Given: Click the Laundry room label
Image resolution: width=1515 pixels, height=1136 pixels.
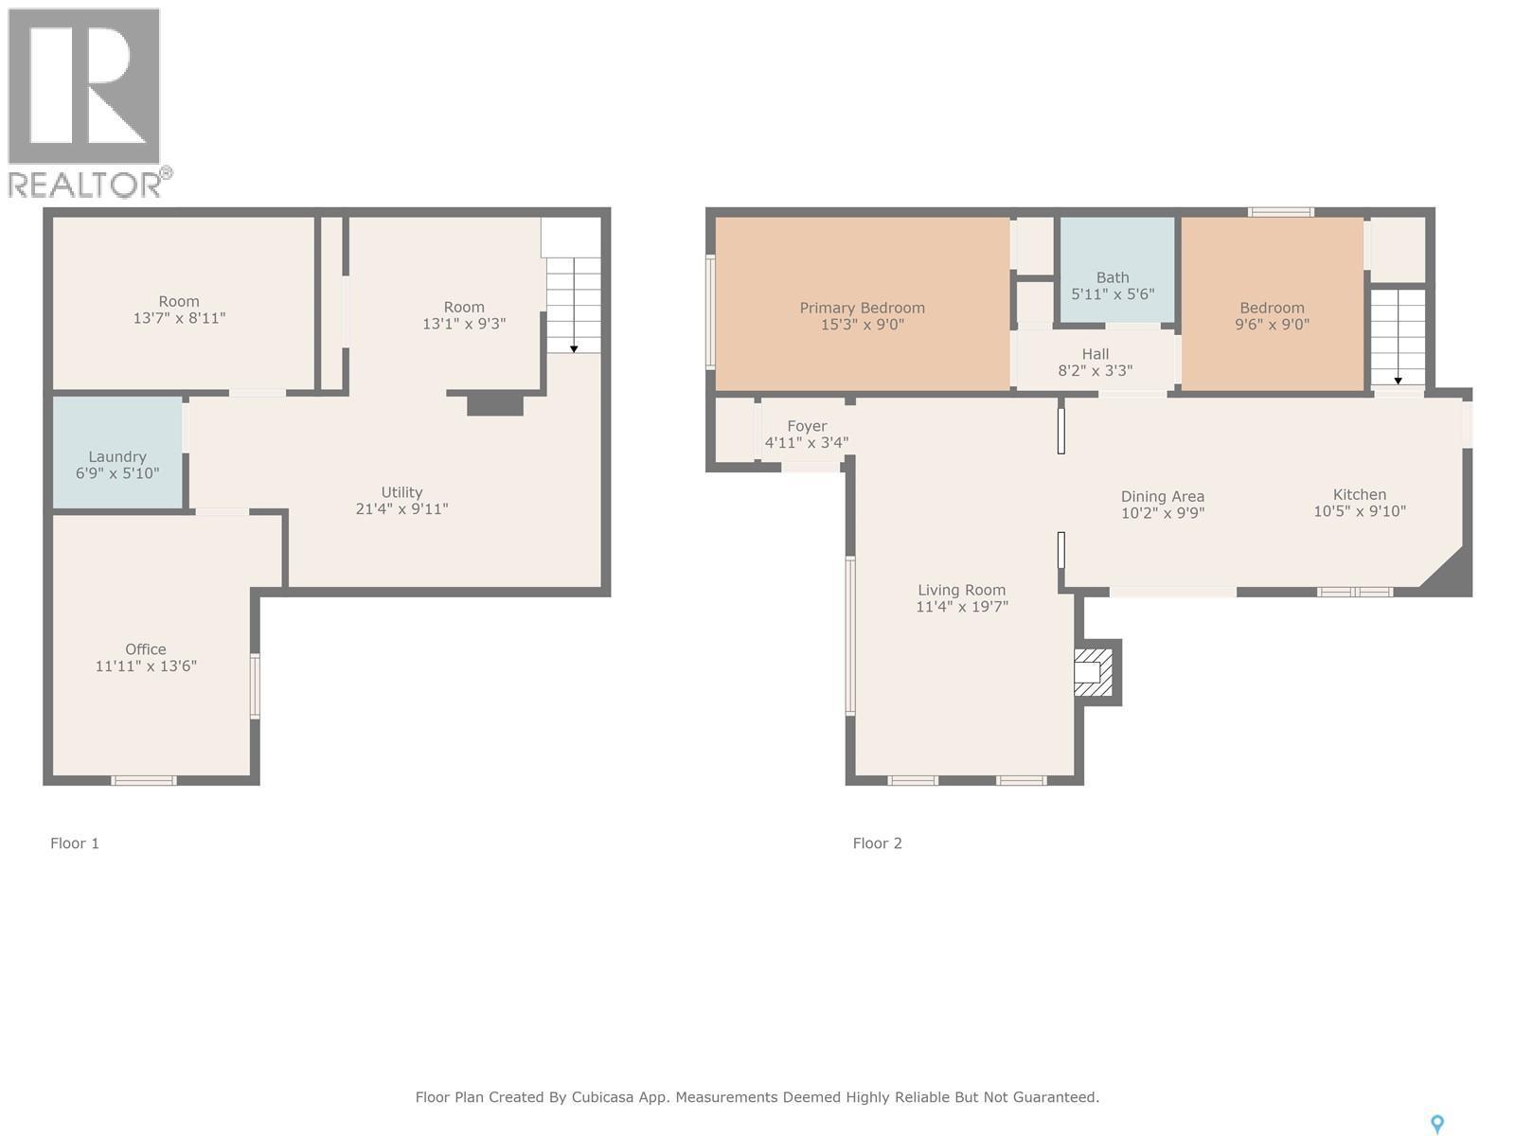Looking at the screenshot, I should coord(117,456).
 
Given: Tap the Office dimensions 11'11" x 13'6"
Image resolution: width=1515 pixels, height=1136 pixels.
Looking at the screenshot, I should coord(146,666).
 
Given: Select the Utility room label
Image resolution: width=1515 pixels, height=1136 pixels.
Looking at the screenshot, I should coord(401,492).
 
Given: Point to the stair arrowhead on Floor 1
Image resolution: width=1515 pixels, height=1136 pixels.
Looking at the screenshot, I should coord(574,349).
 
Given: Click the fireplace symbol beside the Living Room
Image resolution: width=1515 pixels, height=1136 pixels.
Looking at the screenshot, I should coord(1093,672).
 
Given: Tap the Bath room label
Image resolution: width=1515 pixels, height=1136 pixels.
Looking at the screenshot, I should coord(1113,277).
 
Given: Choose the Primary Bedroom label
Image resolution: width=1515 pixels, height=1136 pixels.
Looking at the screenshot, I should coord(862,308).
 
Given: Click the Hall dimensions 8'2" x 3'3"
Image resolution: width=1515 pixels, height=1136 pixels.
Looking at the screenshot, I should coord(1095,371).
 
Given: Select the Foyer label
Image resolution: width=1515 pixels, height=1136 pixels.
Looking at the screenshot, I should coord(807,426).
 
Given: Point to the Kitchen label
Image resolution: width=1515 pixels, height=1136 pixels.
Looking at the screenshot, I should coord(1359,494).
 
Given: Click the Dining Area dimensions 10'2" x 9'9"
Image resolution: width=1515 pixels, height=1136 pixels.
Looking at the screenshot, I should coord(1162,513).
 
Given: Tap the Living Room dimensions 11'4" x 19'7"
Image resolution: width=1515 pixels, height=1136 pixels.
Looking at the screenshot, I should coord(961,607).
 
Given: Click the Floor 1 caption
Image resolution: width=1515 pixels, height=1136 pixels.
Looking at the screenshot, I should coord(75,843).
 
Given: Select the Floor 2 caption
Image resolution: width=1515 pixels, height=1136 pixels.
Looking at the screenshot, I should coord(877,843).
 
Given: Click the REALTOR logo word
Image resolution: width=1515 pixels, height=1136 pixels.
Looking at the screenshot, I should coord(85,185).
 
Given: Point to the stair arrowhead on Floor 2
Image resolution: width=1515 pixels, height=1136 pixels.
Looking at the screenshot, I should coord(1398,382).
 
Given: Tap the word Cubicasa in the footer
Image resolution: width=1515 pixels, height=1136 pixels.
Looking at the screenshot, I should coord(604,1098).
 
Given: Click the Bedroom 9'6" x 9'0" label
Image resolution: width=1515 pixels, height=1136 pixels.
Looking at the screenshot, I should coord(1272,308).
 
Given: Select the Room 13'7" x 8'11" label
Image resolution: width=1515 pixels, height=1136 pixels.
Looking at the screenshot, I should coord(179,302).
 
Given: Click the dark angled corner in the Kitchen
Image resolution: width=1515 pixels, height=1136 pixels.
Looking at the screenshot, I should coord(1449,574).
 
